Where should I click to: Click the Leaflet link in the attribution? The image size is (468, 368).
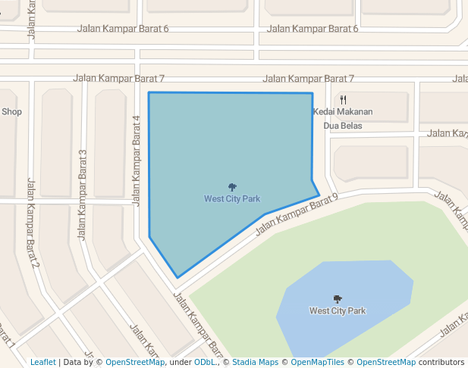click(42, 362)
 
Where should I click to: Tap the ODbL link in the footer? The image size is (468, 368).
click(204, 362)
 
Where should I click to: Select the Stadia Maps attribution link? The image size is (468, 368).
click(255, 362)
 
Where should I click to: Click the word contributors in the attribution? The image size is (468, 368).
click(441, 362)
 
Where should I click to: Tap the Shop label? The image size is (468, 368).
click(11, 111)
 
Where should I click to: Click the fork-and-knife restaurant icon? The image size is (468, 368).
click(343, 99)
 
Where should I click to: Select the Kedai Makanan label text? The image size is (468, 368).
click(343, 112)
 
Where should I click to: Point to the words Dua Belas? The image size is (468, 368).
click(343, 126)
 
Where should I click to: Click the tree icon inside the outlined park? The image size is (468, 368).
click(232, 186)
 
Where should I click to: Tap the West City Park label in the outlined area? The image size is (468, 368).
click(232, 199)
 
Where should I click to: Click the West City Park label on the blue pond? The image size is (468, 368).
click(338, 310)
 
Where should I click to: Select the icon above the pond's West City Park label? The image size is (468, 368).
click(338, 298)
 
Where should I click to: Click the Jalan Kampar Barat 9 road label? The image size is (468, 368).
click(296, 212)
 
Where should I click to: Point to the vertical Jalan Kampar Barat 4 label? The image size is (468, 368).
click(137, 161)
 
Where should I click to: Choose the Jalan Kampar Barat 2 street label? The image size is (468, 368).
click(33, 223)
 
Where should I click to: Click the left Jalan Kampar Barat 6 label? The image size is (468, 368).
click(123, 29)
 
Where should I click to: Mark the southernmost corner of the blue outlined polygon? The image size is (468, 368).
click(177, 278)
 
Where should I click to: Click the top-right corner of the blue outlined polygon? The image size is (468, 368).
click(312, 93)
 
